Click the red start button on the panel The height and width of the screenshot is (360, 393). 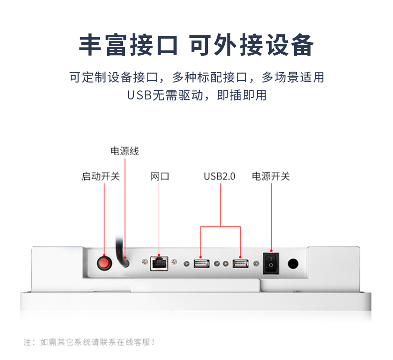pyautogui.click(x=104, y=262)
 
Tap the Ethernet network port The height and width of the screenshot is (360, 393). pyautogui.click(x=160, y=263)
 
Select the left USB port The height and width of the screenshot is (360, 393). pyautogui.click(x=201, y=263)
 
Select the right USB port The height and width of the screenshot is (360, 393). pyautogui.click(x=240, y=263)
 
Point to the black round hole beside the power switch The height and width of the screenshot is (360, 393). pyautogui.click(x=294, y=264)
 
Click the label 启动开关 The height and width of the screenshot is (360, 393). pyautogui.click(x=101, y=177)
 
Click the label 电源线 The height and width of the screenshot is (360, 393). pyautogui.click(x=124, y=151)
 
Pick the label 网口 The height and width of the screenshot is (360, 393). pyautogui.click(x=160, y=177)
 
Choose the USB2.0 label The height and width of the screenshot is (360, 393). pyautogui.click(x=219, y=177)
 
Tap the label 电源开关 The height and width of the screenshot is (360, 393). pyautogui.click(x=271, y=177)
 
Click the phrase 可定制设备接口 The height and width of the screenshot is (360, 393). pyautogui.click(x=113, y=78)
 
